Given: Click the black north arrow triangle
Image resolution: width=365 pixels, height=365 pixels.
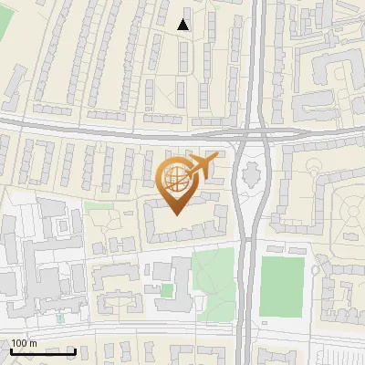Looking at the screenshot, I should pyautogui.click(x=183, y=25).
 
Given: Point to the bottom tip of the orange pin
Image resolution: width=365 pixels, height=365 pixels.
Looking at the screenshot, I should pyautogui.click(x=175, y=215).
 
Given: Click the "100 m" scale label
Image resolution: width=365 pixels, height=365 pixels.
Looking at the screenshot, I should pyautogui.click(x=25, y=343).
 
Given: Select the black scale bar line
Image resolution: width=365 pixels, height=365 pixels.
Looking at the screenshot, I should pyautogui.click(x=43, y=351).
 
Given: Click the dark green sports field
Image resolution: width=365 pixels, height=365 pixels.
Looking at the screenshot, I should pyautogui.click(x=282, y=286).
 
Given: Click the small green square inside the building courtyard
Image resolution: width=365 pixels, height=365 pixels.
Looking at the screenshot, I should pyautogui.click(x=167, y=290).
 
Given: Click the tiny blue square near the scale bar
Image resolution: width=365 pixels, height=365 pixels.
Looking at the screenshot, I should pyautogui.click(x=60, y=319).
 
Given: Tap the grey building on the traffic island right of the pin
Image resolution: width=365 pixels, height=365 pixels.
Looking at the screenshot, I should pyautogui.click(x=250, y=172).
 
